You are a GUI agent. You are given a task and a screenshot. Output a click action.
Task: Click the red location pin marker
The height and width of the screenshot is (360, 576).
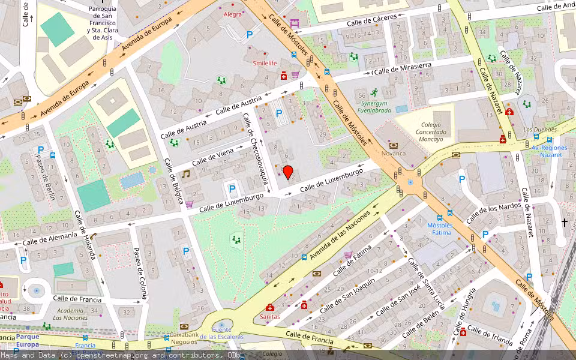pyautogui.click(x=288, y=172)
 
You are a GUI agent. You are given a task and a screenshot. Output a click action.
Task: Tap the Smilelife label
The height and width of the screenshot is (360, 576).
pyautogui.click(x=265, y=63)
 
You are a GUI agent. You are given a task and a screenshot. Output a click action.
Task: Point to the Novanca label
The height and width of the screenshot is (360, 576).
pyautogui.click(x=394, y=153)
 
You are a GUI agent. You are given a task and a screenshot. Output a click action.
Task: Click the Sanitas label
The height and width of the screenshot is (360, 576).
pyautogui.click(x=269, y=316)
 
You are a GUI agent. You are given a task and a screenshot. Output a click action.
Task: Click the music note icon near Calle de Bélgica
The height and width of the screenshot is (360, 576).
pyautogui.click(x=186, y=174)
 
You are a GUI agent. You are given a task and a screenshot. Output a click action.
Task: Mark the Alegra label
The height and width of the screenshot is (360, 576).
pyautogui.click(x=232, y=14)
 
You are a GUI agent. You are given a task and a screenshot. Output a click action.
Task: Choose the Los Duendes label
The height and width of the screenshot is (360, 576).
pyautogui.click(x=540, y=130)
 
